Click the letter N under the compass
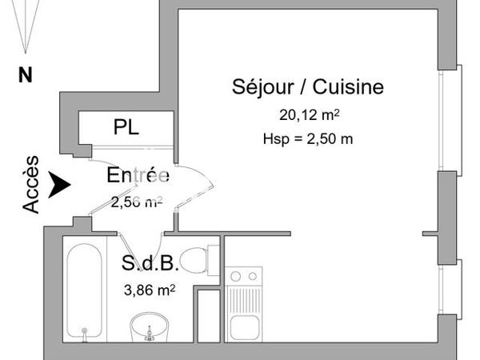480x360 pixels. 26,76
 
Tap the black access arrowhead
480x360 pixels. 58,185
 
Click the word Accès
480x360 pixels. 31,184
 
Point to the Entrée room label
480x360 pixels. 138,176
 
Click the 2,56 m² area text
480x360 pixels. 135,202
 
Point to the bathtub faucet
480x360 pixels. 83,330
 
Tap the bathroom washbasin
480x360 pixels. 149,328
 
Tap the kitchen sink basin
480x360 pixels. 243,328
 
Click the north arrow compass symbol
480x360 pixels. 24,24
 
